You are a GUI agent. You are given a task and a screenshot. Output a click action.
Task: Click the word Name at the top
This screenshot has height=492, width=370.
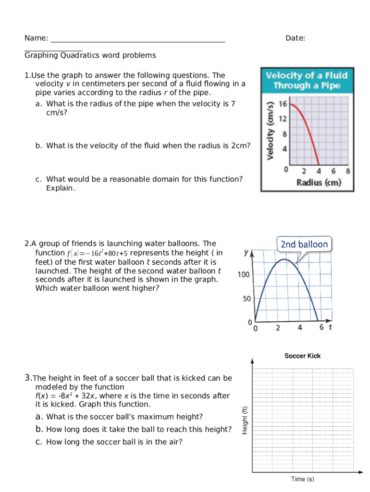[x=36, y=38]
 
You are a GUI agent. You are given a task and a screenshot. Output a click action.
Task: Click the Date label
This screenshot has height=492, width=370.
[x=295, y=38]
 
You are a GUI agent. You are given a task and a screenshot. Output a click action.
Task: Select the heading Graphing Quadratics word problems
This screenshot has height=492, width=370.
[x=90, y=55]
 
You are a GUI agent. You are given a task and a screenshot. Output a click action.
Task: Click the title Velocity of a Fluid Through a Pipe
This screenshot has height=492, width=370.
[x=307, y=81]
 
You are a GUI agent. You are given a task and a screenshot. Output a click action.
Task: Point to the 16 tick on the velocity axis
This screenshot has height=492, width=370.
[x=283, y=104]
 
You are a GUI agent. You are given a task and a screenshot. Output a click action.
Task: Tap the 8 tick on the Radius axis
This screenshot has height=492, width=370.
[x=347, y=171]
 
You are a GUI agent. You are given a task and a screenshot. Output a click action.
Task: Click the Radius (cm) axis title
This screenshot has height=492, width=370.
[x=319, y=183]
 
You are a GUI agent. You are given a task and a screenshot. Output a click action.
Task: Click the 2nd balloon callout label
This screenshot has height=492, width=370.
[x=304, y=245]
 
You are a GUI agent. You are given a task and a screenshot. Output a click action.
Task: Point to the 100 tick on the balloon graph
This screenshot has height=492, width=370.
[x=244, y=274]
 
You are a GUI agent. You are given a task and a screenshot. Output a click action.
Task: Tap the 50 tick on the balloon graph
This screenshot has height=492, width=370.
[x=246, y=299]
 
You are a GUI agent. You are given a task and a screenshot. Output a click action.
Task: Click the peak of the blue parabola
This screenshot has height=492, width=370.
[x=284, y=259]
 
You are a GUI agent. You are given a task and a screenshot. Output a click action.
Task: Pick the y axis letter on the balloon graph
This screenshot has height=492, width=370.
[x=246, y=252]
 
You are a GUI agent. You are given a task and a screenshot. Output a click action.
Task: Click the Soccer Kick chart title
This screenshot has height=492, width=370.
[x=302, y=356]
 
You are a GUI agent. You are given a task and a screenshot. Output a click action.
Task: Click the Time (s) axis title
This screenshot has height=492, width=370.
[x=302, y=479]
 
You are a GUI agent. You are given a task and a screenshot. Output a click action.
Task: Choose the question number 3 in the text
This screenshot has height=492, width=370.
[x=28, y=378]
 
